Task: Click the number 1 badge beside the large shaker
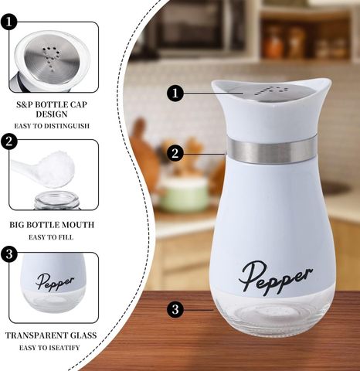175,93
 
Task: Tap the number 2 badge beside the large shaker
175,153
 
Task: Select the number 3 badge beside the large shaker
175,309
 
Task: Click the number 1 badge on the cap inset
8,22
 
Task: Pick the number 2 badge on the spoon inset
8,141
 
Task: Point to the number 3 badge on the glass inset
8,254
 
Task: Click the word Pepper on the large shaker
275,277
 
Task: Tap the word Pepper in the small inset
55,281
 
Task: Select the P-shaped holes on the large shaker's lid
271,91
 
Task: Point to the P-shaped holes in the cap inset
51,58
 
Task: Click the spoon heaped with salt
44,169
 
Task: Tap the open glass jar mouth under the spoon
57,201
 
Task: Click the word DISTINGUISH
66,126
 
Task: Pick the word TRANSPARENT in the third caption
33,335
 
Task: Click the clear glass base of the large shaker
273,315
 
